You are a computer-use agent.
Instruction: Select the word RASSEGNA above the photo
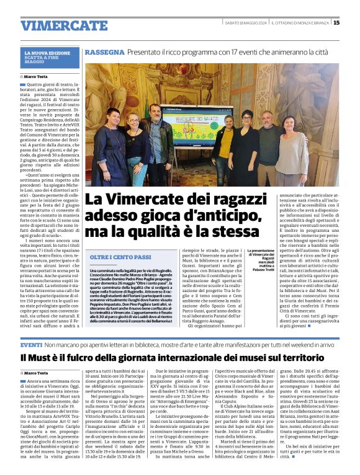coord(104,52)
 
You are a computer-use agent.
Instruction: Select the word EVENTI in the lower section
coord(31,344)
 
